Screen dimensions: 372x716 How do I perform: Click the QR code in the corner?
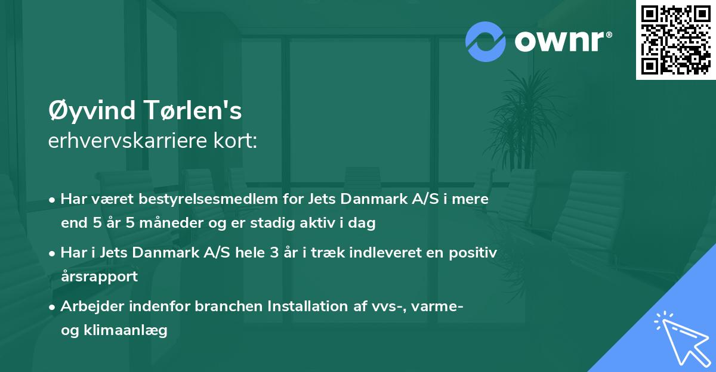[x=676, y=40]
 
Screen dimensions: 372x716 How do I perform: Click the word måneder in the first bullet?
[x=157, y=224]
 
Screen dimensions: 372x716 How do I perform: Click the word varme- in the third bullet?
[x=439, y=306]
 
